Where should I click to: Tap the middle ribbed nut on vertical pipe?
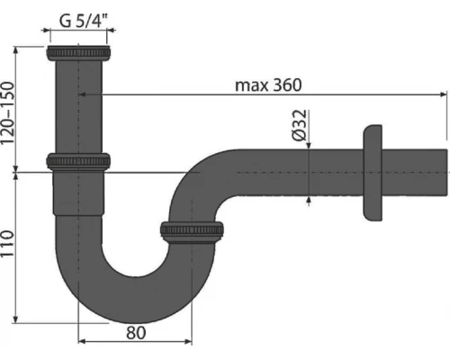coord(77,162)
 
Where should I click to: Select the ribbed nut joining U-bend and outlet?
coord(193,230)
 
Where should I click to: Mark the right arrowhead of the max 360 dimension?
coord(444,93)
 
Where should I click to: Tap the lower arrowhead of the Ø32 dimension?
coord(310,193)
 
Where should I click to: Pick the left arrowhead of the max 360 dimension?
coord(82,93)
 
